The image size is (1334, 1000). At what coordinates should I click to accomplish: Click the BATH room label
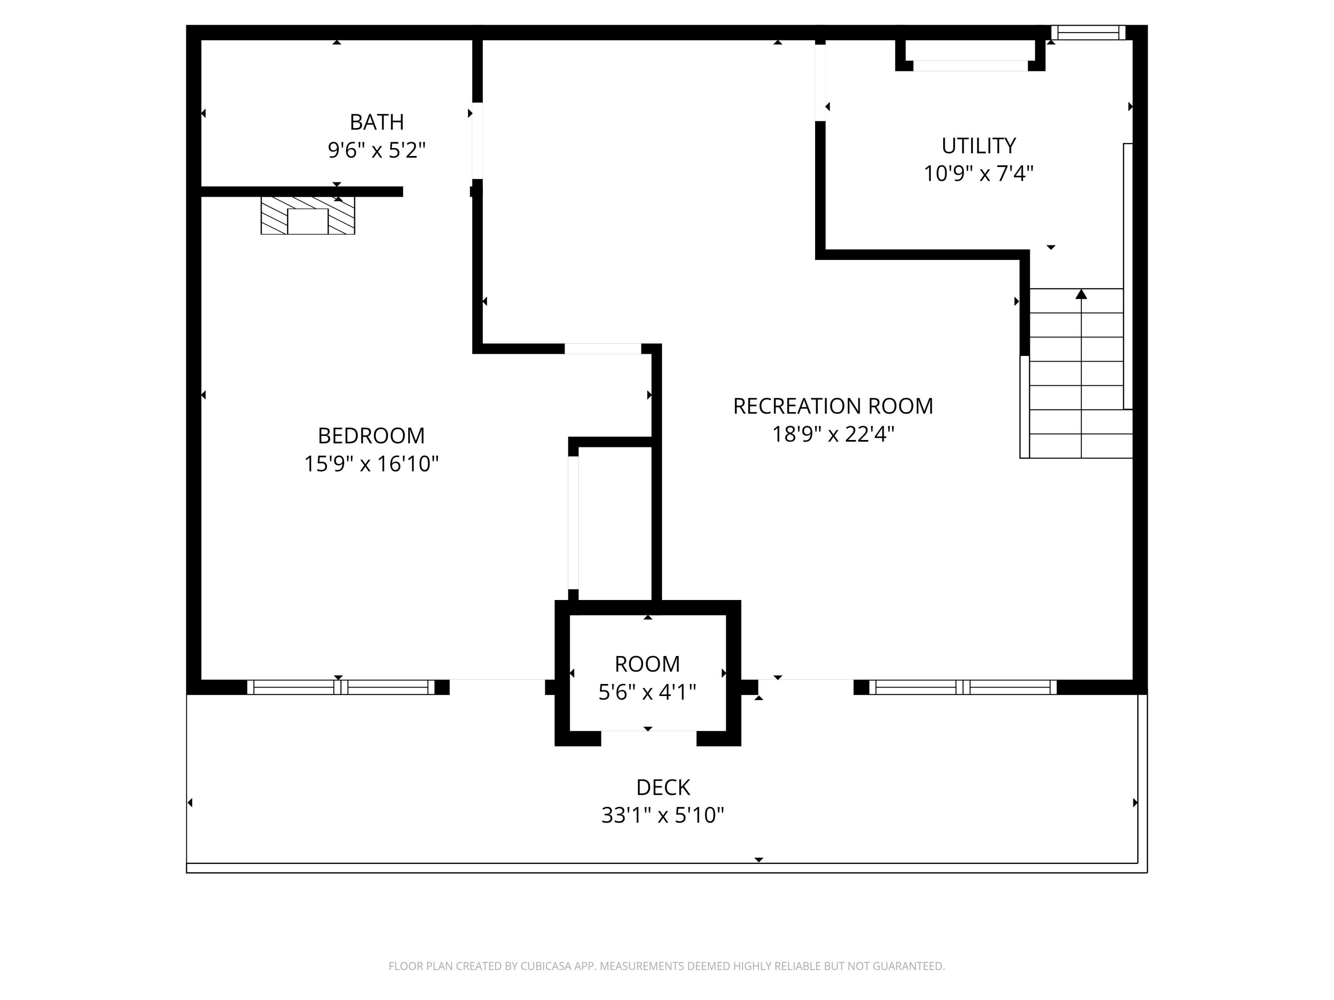377,122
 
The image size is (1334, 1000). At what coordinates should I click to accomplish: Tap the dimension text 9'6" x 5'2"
377,150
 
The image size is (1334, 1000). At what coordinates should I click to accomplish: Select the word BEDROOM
371,436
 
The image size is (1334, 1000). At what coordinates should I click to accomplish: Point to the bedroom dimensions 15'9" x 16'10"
371,464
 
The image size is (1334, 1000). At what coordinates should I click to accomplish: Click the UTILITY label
979,146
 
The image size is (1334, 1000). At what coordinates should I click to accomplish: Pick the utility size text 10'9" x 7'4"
979,174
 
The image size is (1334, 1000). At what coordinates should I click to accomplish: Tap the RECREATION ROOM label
833,406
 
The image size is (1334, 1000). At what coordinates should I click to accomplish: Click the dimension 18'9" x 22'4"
833,434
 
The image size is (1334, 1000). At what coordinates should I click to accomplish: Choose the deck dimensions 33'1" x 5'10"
663,816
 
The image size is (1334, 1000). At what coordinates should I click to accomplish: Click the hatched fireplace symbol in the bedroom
308,215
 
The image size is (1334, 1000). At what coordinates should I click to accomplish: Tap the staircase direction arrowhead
1081,294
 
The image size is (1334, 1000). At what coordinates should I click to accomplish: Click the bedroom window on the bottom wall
341,687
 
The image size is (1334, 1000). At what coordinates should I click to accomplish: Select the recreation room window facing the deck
963,687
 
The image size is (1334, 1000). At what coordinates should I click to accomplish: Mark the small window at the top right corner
1089,32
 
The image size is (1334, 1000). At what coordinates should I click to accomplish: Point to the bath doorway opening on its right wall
477,141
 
